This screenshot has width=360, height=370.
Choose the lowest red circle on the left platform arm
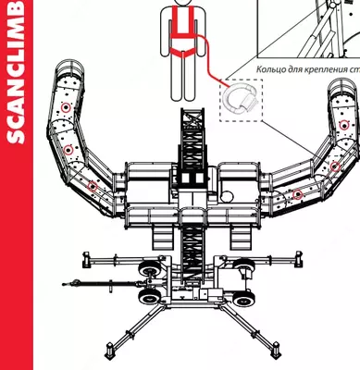(92, 186)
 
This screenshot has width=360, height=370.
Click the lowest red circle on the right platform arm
(298, 195)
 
